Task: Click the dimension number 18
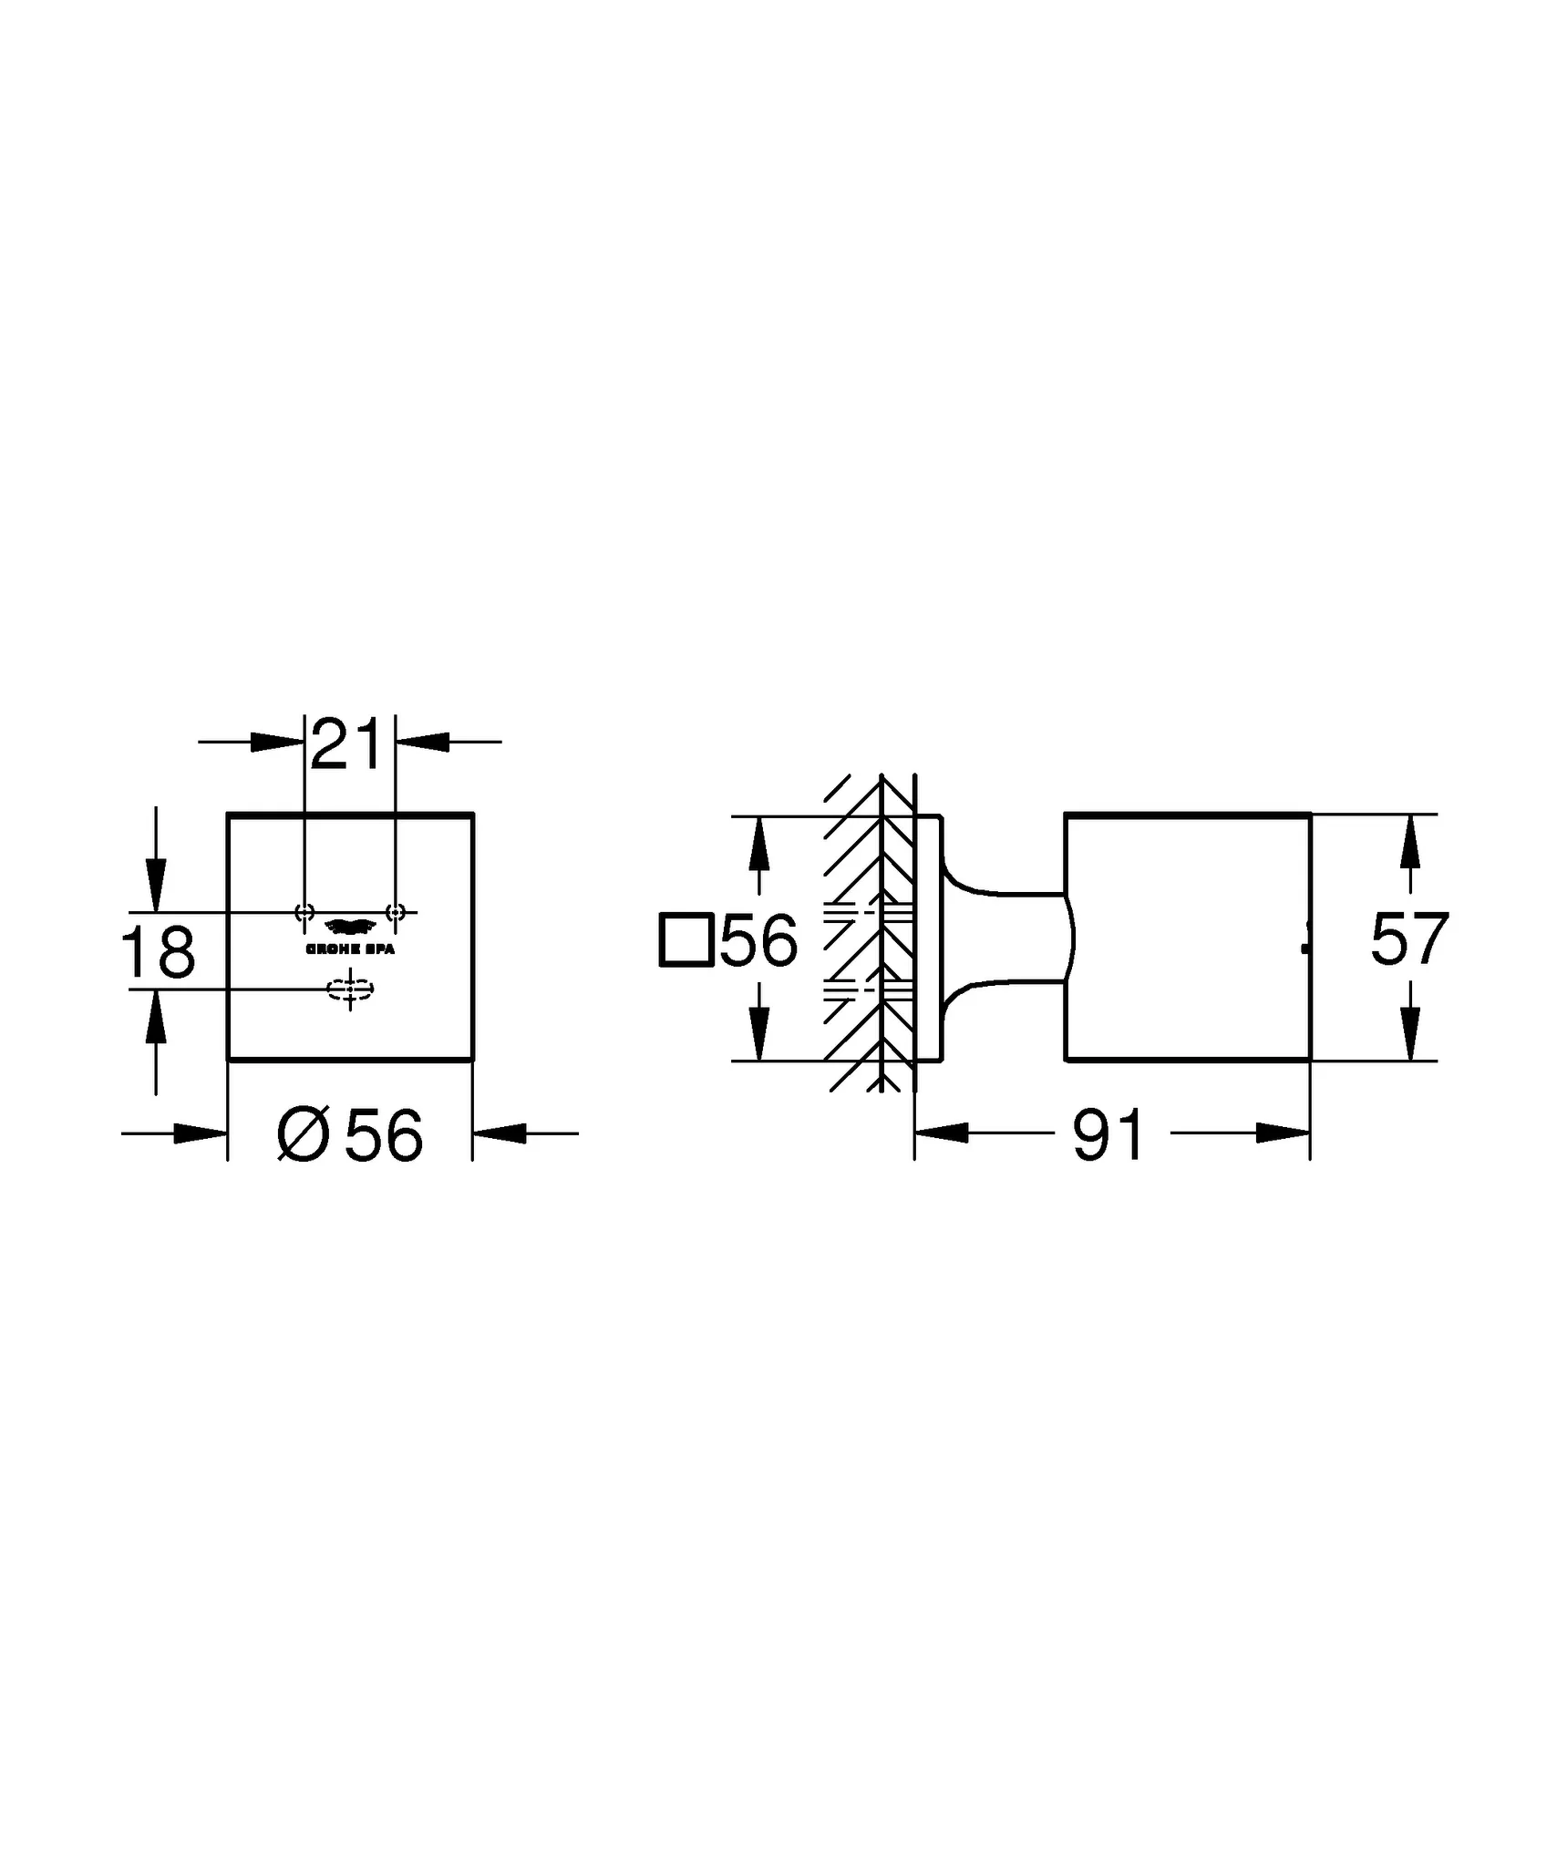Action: point(158,952)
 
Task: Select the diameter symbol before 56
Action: point(302,1135)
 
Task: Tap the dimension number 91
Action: point(1107,1135)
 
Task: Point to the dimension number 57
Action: point(1408,939)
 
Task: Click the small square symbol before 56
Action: point(685,939)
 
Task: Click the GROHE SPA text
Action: point(350,949)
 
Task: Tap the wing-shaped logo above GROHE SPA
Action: point(350,928)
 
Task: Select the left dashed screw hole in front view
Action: point(304,911)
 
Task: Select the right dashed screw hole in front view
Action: point(395,911)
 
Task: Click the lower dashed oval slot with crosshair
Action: point(350,989)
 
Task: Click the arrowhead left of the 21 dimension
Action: point(277,742)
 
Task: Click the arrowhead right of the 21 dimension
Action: point(423,742)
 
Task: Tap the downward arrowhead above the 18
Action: point(157,884)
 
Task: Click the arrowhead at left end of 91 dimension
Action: point(942,1133)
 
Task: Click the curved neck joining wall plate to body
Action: point(1003,938)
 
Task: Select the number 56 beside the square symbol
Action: point(758,939)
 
